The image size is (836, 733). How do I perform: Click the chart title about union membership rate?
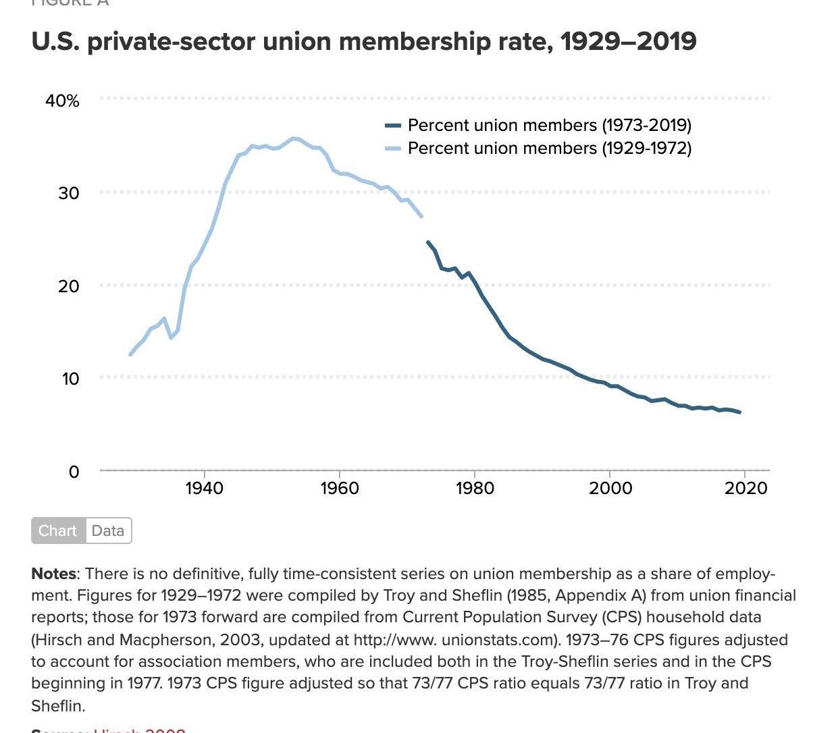click(x=364, y=42)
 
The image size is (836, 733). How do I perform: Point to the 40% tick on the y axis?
click(x=62, y=101)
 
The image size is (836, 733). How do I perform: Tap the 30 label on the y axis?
click(x=68, y=194)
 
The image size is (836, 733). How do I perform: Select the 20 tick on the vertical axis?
click(x=68, y=286)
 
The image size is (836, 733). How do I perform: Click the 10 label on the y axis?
click(x=70, y=379)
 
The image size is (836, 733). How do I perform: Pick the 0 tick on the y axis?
click(x=74, y=472)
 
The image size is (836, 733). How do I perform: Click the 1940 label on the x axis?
click(x=204, y=488)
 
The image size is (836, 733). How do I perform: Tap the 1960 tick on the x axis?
click(x=339, y=488)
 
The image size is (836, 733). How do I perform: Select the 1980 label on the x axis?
click(x=475, y=488)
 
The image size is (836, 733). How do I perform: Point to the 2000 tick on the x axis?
click(x=610, y=488)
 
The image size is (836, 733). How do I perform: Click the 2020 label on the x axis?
click(x=746, y=488)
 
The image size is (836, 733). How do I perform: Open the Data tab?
click(x=108, y=531)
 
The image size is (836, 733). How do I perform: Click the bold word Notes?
click(x=53, y=574)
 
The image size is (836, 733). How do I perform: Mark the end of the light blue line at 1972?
click(x=421, y=216)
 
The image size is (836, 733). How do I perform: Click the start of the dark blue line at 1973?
click(x=428, y=242)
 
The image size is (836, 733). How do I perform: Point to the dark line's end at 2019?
click(x=739, y=412)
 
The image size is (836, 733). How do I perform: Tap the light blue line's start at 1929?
click(x=130, y=354)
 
